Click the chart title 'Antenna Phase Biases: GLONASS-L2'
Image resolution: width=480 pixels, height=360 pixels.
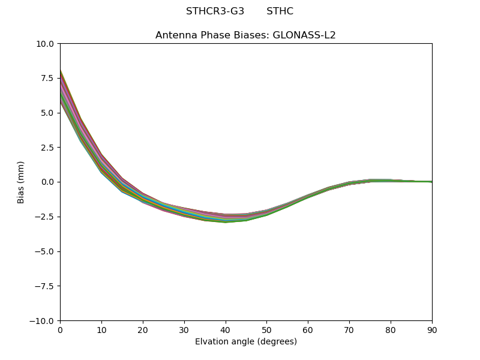pos(245,35)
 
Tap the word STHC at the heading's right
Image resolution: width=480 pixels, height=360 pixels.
pos(280,11)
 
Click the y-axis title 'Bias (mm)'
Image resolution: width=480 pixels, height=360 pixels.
pos(21,182)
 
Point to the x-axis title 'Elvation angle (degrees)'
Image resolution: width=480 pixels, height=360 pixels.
pos(245,342)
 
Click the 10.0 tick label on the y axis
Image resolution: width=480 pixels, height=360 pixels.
pos(46,44)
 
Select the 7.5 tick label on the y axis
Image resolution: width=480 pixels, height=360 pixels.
pos(48,78)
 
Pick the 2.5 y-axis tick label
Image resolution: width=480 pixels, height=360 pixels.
pos(48,148)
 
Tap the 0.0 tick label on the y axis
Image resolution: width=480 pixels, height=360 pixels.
pos(48,182)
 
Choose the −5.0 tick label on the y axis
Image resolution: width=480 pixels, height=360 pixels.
pos(46,251)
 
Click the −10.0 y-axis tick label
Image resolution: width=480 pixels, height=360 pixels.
pos(43,321)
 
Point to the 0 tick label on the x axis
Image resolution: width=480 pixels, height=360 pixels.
pos(60,330)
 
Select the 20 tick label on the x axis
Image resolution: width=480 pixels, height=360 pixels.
pos(143,330)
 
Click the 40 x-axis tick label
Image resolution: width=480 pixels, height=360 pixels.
pos(225,330)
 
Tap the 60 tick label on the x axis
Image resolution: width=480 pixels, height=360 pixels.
pos(308,330)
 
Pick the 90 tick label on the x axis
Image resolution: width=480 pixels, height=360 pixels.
pos(431,330)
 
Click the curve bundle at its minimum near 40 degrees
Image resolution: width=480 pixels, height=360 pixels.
pos(225,218)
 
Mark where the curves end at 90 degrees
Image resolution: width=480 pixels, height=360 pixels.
pos(431,182)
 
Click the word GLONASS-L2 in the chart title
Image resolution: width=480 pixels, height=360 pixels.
pos(304,35)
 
